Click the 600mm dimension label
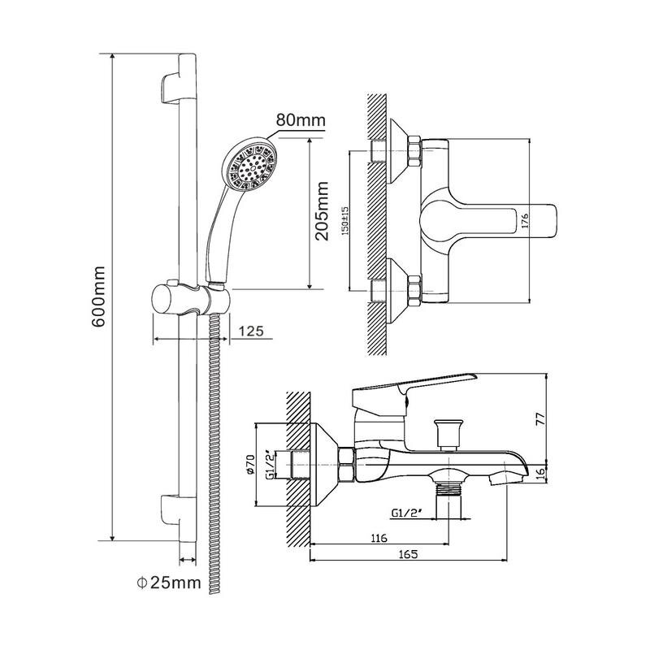point(98,297)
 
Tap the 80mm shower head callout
point(301,120)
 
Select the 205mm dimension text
point(322,210)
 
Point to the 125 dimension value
point(251,331)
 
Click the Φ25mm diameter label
point(169,583)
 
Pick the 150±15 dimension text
point(345,221)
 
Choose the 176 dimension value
point(524,221)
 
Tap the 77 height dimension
point(540,418)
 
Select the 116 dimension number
point(379,538)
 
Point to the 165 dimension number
point(409,554)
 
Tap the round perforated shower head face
point(250,167)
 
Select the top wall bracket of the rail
point(179,79)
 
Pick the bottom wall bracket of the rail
point(179,518)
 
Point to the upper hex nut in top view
point(414,151)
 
